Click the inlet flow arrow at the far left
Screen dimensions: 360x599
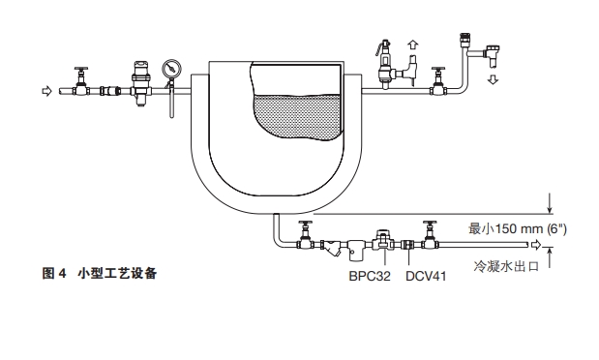point(44,91)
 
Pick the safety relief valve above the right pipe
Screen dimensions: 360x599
point(383,65)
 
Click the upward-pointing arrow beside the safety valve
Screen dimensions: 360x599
point(413,46)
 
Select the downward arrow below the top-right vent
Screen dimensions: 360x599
point(494,77)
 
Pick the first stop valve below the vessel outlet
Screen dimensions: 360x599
point(306,238)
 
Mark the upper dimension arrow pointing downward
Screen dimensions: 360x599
point(550,202)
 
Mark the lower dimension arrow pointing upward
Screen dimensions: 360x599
point(550,254)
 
